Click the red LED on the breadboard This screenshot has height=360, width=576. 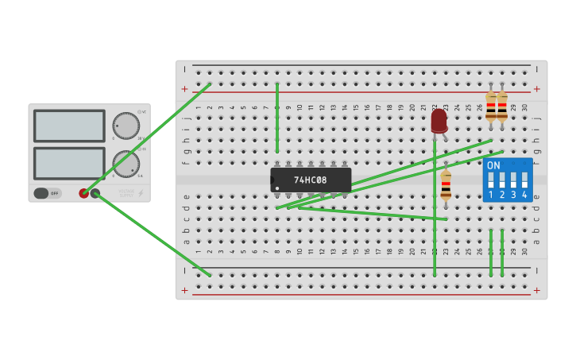click(x=439, y=120)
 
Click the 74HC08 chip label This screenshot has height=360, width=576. click(x=310, y=180)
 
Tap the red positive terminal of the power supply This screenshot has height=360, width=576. click(x=84, y=193)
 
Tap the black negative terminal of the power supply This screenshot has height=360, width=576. click(x=95, y=193)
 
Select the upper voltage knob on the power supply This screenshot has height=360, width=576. click(x=126, y=126)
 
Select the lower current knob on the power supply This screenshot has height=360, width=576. click(x=126, y=164)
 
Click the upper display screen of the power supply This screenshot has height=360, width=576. click(x=69, y=126)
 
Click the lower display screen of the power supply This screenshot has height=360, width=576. click(x=69, y=163)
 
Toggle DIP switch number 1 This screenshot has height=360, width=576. click(x=491, y=180)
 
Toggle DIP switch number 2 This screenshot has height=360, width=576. click(x=502, y=180)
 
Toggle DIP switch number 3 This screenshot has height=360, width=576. click(x=513, y=180)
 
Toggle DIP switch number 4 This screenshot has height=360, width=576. click(x=524, y=180)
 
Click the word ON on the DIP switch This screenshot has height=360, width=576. click(x=493, y=165)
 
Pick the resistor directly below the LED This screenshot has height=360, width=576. click(x=446, y=186)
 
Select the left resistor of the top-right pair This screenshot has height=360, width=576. click(x=491, y=106)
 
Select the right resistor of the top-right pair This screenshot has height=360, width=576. click(x=502, y=106)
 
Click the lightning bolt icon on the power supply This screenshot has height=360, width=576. click(x=141, y=193)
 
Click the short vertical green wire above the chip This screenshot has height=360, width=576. click(x=276, y=118)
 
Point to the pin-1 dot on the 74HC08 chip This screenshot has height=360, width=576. click(x=276, y=188)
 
